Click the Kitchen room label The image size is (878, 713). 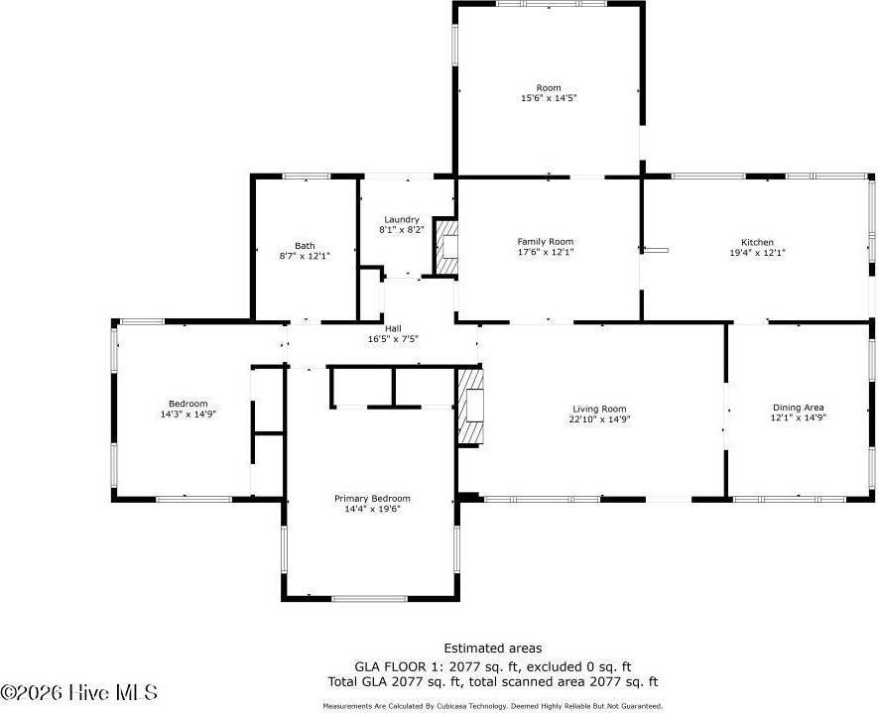(x=757, y=242)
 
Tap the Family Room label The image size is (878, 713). (x=545, y=241)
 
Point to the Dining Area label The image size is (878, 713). (x=799, y=408)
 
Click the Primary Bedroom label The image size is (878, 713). (x=371, y=499)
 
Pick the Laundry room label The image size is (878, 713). (x=401, y=219)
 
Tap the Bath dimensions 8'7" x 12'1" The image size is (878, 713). (x=305, y=256)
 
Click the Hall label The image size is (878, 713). (x=393, y=328)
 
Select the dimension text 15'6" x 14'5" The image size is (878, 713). (x=549, y=98)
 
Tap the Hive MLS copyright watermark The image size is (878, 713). (x=79, y=692)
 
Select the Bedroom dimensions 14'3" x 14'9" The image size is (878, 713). (x=188, y=414)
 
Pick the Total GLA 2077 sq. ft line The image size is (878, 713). (x=493, y=681)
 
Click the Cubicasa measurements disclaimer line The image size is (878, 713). (x=493, y=706)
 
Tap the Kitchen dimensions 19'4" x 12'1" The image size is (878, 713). (x=757, y=253)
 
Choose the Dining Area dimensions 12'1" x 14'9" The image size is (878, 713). (x=799, y=418)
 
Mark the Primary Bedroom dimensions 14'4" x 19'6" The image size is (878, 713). (x=371, y=510)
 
